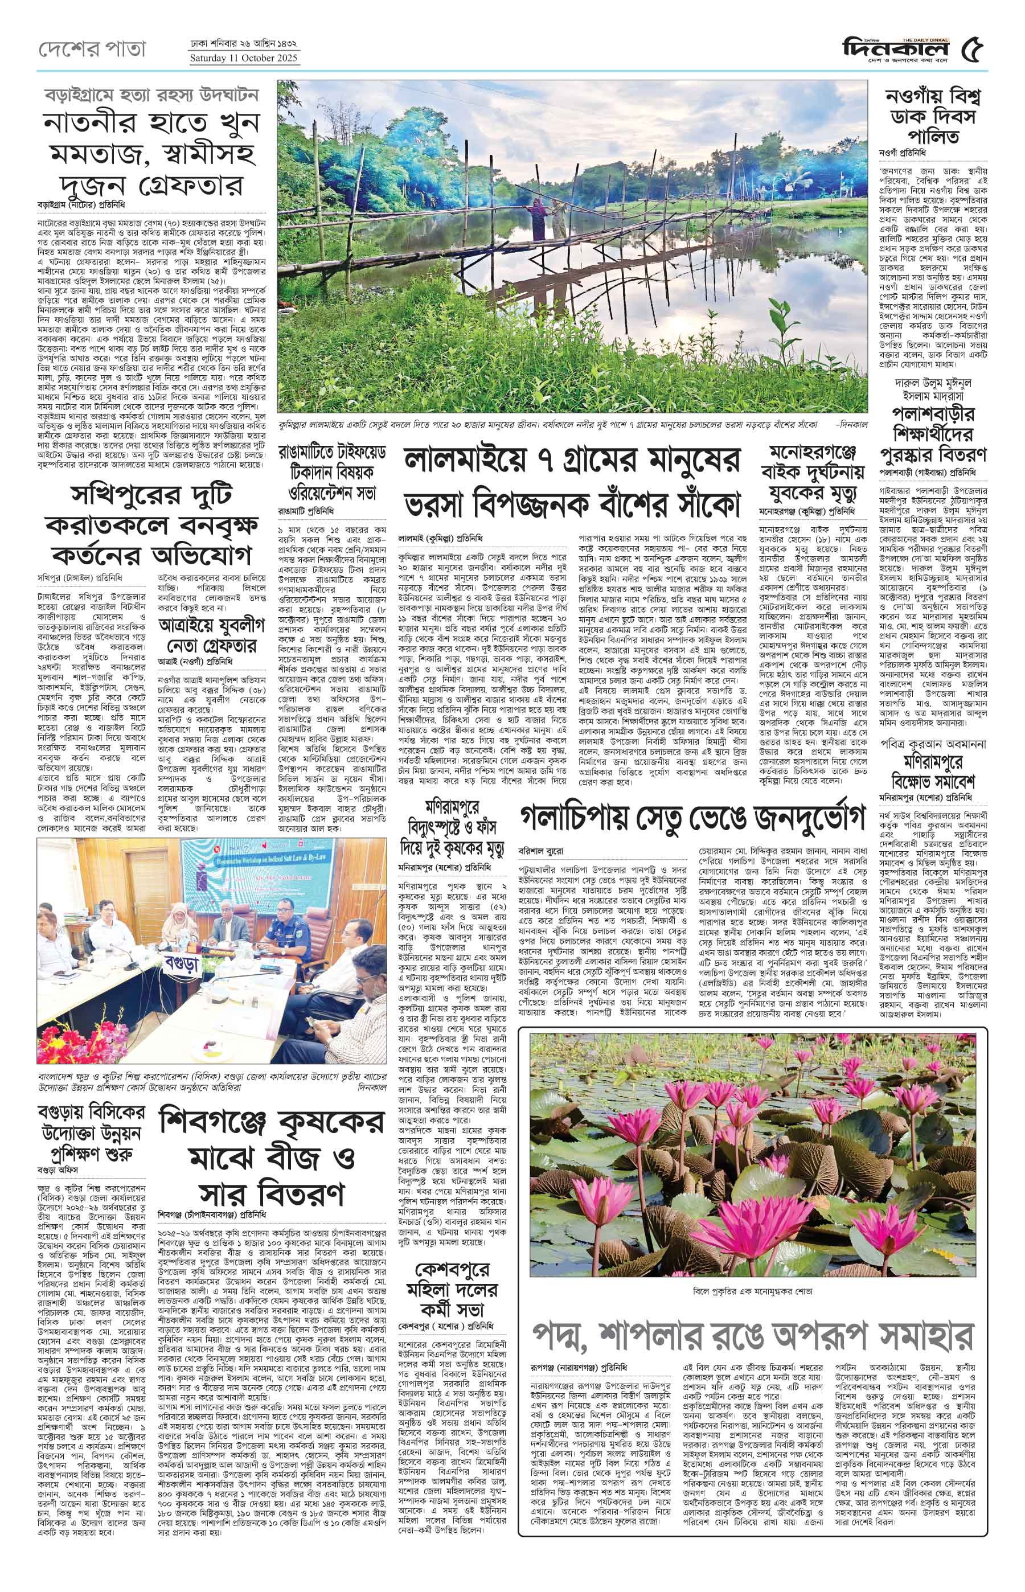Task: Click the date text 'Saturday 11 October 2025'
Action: (x=244, y=58)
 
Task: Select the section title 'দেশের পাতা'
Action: (x=92, y=48)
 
